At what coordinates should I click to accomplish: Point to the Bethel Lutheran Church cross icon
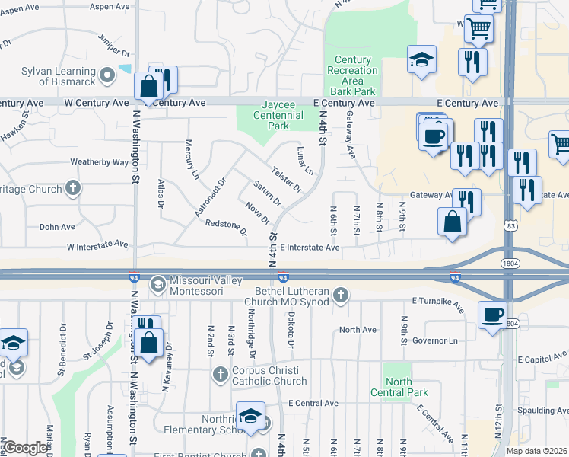(x=342, y=293)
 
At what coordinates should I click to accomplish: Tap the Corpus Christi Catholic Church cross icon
(x=220, y=374)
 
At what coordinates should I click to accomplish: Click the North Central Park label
(x=398, y=387)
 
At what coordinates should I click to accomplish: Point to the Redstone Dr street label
(x=226, y=226)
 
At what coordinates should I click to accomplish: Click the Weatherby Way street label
(x=99, y=162)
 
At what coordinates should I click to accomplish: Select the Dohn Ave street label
(x=57, y=227)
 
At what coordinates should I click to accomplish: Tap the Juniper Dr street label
(x=115, y=45)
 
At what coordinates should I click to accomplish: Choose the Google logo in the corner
(x=25, y=448)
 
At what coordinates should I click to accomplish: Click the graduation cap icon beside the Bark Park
(x=421, y=60)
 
